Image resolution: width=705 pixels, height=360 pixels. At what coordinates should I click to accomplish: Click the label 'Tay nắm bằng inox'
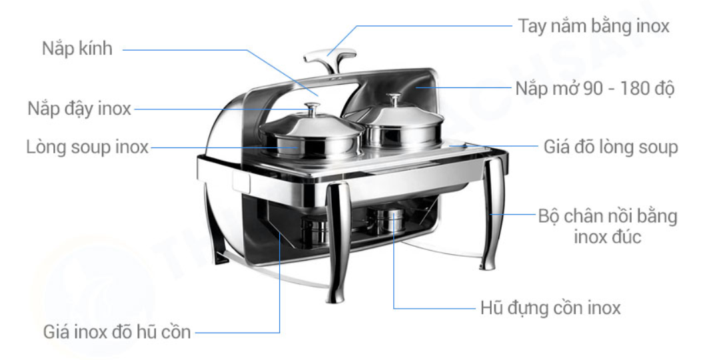[594, 26]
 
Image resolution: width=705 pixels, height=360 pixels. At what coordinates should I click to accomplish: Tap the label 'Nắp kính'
[77, 49]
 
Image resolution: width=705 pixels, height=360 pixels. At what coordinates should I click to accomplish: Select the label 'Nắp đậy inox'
[79, 109]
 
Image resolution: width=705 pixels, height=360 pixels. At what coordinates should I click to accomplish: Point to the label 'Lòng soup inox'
[87, 147]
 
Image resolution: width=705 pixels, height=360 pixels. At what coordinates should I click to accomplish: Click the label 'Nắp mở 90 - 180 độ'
[595, 89]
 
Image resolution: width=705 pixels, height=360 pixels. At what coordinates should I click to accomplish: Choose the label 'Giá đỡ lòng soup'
[610, 147]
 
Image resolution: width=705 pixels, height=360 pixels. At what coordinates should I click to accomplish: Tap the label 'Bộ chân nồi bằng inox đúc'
[608, 227]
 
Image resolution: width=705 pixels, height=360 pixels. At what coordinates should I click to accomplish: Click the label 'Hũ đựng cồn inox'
[550, 308]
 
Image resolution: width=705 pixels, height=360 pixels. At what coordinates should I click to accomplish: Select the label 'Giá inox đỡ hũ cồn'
[117, 332]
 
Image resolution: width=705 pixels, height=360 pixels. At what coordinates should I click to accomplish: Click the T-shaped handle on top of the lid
[330, 59]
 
